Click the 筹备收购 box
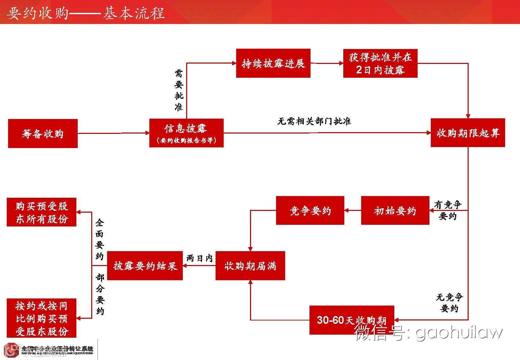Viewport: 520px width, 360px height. tap(43, 134)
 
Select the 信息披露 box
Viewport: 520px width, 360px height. tap(186, 133)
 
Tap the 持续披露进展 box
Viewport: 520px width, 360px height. tap(273, 63)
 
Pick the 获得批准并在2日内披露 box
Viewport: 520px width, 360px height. tap(380, 63)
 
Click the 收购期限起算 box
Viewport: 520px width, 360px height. tap(468, 133)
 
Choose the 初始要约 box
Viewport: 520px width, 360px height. tap(395, 211)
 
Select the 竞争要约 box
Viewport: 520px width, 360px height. tap(310, 211)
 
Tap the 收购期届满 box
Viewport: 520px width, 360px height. tap(250, 266)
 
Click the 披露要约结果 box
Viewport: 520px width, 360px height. tap(145, 266)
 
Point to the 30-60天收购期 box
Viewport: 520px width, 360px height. tap(351, 320)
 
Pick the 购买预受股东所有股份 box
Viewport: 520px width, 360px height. tap(42, 212)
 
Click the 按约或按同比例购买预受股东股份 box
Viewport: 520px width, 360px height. tap(42, 318)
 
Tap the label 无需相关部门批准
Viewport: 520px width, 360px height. tap(314, 121)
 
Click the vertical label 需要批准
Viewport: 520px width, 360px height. tap(179, 90)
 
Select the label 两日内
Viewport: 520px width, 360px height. tap(199, 258)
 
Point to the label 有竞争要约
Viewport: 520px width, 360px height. tap(448, 210)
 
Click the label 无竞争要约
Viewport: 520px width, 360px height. tap(449, 303)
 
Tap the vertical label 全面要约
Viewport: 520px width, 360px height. tap(99, 239)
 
